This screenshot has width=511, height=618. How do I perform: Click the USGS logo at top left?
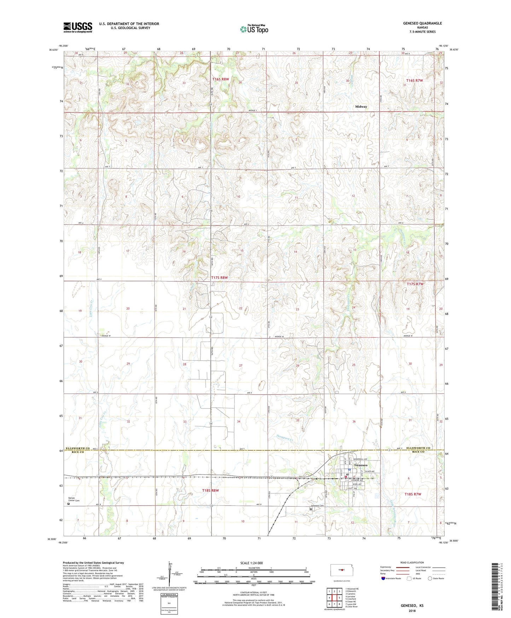point(78,27)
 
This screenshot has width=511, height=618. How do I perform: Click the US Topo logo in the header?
point(254,29)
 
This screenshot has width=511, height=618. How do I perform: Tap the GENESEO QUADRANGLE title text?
point(422,23)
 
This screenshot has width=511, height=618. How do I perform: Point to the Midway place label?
point(361,107)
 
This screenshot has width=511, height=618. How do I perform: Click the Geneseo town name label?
point(361,465)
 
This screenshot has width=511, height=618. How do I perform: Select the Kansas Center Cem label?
point(74,499)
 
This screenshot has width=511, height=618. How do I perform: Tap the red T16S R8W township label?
point(221,79)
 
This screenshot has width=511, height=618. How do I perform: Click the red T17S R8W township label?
point(219,278)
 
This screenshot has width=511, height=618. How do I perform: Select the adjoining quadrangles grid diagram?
point(334,599)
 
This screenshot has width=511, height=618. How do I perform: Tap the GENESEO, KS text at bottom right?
point(412,605)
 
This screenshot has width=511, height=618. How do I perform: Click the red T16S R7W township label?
point(414,80)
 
